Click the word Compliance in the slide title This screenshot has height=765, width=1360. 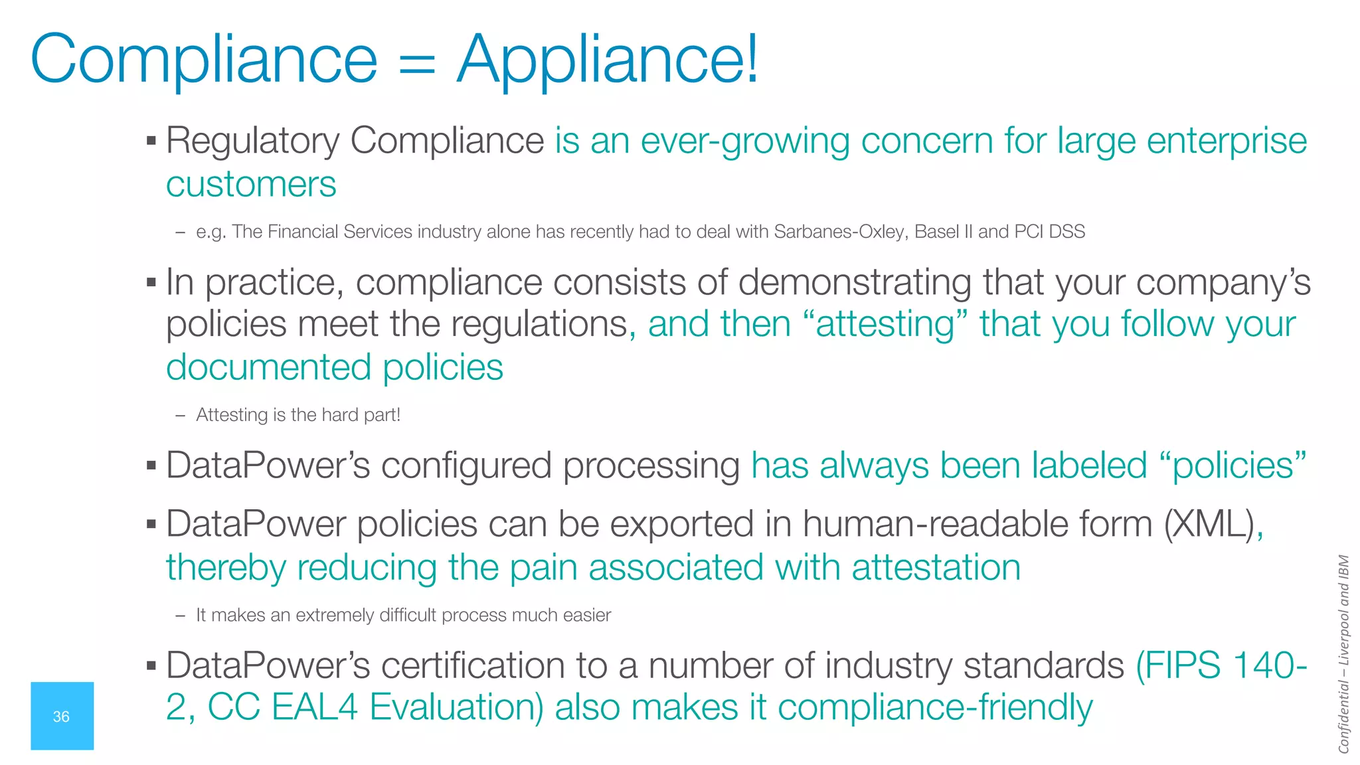[x=203, y=60]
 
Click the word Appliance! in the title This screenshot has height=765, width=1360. [x=608, y=60]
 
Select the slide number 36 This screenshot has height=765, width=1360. [x=61, y=717]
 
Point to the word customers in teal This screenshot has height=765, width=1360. [x=251, y=184]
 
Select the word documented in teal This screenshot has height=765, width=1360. [x=268, y=367]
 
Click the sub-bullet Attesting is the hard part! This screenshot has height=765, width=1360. [x=298, y=415]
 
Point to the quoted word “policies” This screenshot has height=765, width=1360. [x=1233, y=466]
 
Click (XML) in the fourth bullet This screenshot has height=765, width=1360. [x=1209, y=525]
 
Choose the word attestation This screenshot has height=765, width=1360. [x=936, y=568]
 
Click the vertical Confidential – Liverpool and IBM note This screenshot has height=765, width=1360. [x=1343, y=654]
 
